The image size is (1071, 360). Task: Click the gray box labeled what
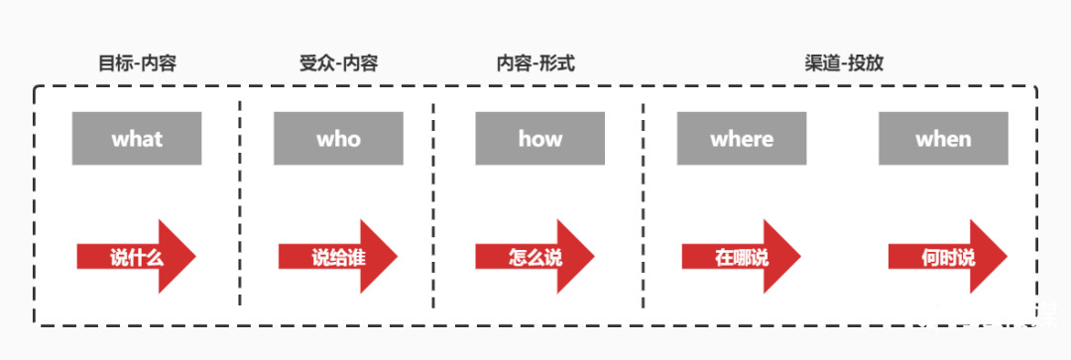coord(137,139)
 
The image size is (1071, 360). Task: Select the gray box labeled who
coord(338,139)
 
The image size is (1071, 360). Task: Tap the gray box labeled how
coord(539,139)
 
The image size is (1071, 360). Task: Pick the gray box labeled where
coord(741,139)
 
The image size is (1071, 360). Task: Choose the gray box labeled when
coord(943,139)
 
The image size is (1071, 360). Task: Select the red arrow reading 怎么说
coord(535,257)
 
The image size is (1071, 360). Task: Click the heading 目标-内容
coord(138,63)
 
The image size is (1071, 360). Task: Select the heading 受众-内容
coord(338,63)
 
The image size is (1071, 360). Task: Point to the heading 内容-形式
coord(535,63)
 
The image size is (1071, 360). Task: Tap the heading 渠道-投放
coord(844,63)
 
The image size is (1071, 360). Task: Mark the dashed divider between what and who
coord(240,198)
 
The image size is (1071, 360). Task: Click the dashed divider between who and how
coord(433,198)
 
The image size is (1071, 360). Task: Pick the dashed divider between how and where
coord(643,198)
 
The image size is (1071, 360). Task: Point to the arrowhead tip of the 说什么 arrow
coord(194,257)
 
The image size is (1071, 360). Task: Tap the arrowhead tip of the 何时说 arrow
coord(1007,257)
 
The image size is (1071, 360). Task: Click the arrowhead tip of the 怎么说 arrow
coord(593,257)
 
